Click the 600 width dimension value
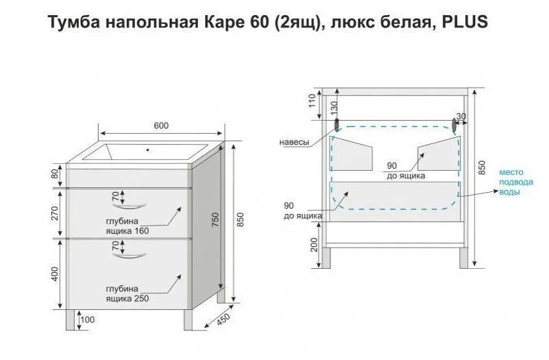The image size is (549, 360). point(161,125)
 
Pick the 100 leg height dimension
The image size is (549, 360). point(87,320)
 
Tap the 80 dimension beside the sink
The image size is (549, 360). point(56,175)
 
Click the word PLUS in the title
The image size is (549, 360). point(464,22)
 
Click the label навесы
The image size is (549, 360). point(294,142)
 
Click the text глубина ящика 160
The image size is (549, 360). point(127,226)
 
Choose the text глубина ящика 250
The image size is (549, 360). point(127,293)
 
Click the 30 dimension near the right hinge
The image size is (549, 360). point(461,117)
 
